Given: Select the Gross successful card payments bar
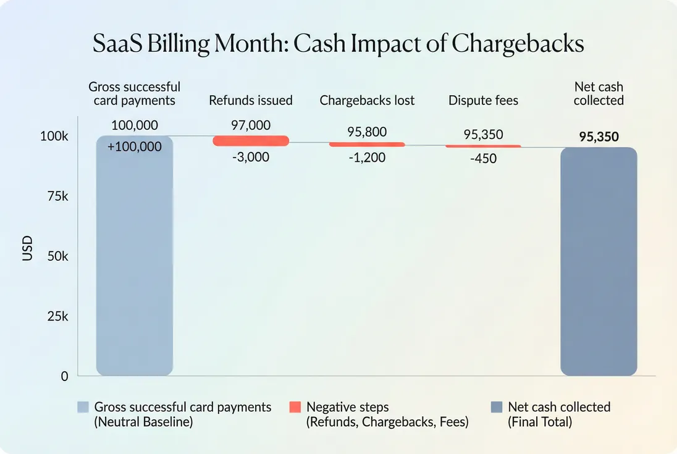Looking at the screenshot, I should pos(135,259).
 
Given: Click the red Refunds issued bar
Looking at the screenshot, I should pos(251,141).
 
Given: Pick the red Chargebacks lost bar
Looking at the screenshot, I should pos(367,145).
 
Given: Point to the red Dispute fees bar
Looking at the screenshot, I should pos(483,146).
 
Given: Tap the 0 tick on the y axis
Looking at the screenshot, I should pos(64,376).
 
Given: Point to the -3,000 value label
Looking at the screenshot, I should pos(250,158).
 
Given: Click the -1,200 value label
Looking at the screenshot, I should pos(366,158).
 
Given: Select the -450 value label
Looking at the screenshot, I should pos(483,159).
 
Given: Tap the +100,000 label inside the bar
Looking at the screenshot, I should pos(135,147).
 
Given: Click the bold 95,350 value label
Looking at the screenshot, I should pos(599,137).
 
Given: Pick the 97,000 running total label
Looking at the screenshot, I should pos(251,125).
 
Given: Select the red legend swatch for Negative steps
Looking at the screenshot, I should pos(295,408).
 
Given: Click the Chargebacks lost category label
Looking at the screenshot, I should pos(367,100).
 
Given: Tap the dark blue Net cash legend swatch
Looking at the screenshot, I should pos(496,408).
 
